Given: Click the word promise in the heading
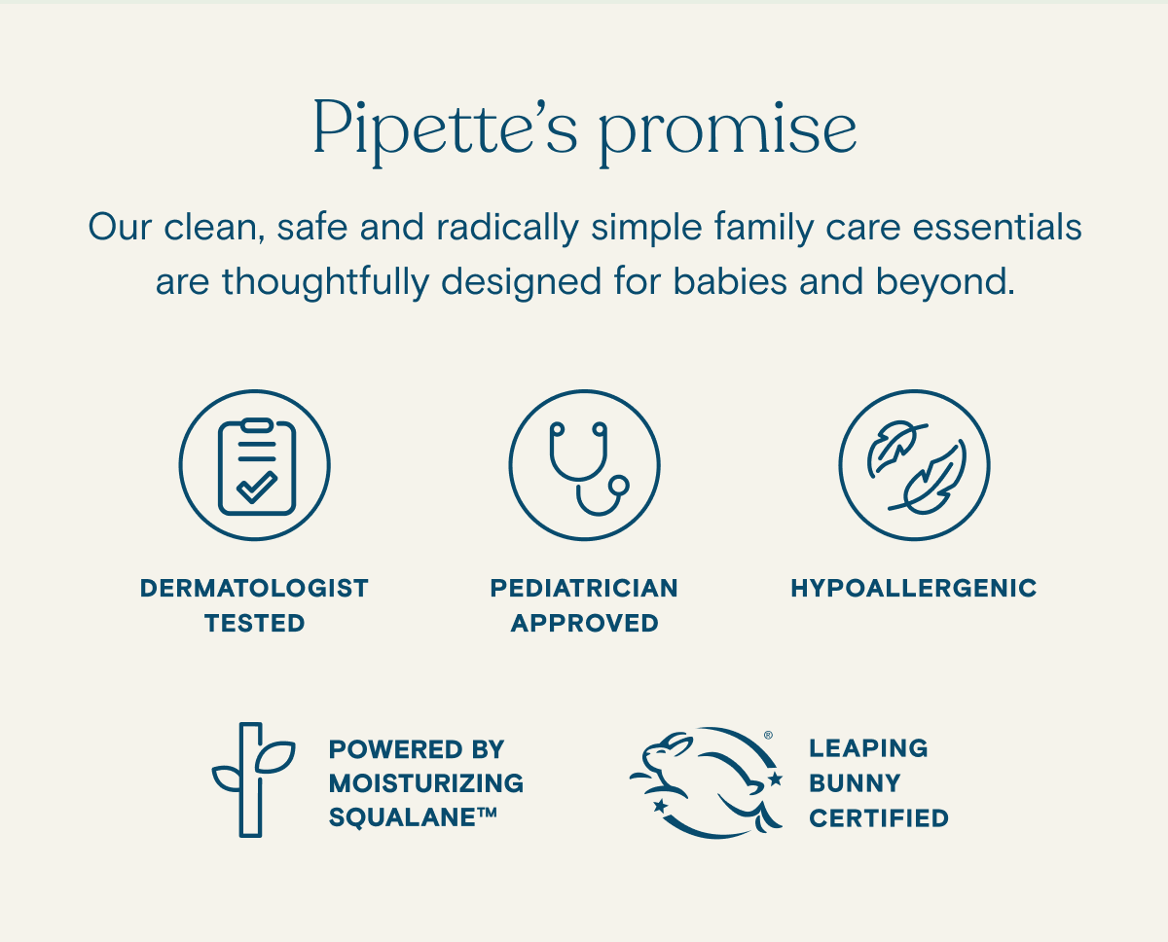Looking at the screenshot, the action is pos(728,132).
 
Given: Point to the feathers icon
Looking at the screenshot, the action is pos(915,465).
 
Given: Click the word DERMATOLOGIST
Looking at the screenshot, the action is pos(255,588).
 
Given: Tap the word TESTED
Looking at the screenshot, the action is pos(255,623).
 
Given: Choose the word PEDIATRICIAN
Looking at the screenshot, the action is pos(584,588).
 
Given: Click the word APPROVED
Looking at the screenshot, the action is pos(585,623).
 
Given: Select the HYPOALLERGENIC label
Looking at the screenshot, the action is pos(914,588).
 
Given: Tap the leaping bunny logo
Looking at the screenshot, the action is pos(706,782).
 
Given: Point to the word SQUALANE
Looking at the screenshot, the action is pos(404,817).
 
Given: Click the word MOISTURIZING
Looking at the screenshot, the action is pos(426,783).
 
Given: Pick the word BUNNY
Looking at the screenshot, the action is pos(855,783).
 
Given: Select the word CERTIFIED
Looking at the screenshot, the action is pos(879,818).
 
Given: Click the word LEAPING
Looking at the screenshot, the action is pos(868,748).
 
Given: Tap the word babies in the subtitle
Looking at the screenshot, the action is pos(730,281).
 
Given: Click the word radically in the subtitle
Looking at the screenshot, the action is pos(507,227).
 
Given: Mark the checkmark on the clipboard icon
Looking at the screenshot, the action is pos(257,487).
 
